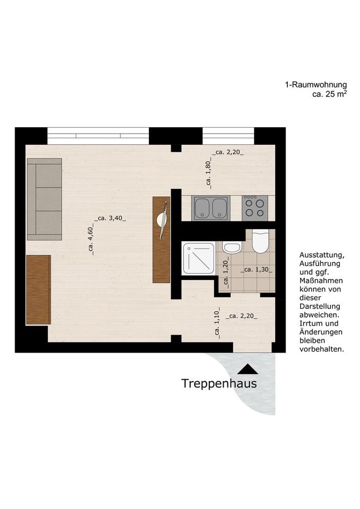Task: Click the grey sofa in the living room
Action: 45,199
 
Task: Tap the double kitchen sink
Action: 211,208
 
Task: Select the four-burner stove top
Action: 254,208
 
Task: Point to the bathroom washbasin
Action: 232,247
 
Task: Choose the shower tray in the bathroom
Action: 199,258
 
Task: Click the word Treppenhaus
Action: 219,383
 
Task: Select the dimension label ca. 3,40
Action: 110,217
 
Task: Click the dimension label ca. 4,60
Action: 91,240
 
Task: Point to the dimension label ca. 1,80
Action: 209,174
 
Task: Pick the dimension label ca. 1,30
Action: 257,270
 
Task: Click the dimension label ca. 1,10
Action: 217,323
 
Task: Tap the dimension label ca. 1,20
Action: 225,271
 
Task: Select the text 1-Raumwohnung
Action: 315,84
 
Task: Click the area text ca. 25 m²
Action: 329,94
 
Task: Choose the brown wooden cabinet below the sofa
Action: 39,289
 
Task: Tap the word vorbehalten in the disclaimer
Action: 322,349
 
